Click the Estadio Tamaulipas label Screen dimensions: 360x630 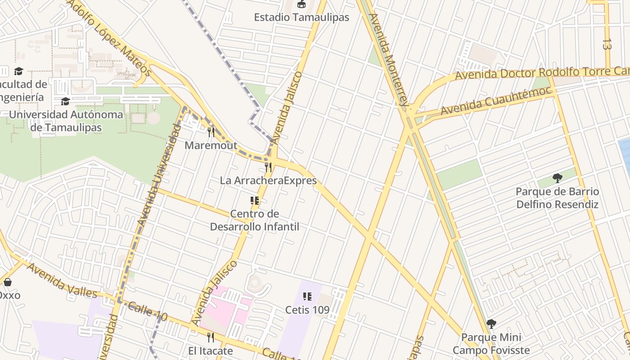[301, 18]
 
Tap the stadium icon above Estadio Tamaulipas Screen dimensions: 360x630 [301, 4]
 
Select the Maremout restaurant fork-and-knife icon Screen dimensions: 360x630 [211, 132]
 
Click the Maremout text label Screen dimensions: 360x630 [211, 145]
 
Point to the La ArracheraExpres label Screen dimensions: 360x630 [268, 180]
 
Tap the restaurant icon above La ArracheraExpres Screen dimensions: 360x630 [268, 167]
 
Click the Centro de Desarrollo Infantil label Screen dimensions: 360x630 [255, 220]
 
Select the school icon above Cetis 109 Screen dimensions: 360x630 [307, 296]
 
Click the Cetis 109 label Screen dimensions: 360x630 [307, 310]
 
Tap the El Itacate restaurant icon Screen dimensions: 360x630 [211, 337]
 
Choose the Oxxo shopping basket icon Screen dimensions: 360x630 [7, 282]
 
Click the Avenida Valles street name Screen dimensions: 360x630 [62, 280]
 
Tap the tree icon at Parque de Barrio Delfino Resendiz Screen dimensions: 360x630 [558, 178]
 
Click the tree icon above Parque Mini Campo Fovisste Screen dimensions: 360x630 [491, 324]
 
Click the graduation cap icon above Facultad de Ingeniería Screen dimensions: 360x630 [18, 71]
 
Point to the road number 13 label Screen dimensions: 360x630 [607, 44]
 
